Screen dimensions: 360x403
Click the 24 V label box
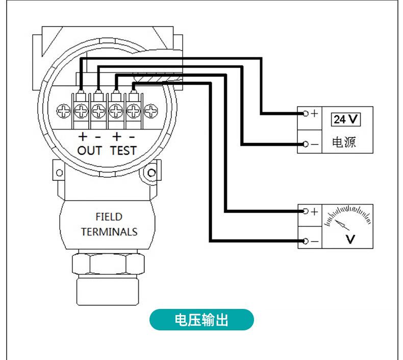(x=346, y=119)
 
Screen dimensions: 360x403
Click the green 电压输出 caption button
(x=202, y=321)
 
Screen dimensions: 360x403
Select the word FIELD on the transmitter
(x=109, y=217)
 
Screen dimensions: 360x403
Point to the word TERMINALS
(x=109, y=231)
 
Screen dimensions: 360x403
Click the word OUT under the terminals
(x=90, y=150)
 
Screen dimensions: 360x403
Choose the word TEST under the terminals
(x=123, y=150)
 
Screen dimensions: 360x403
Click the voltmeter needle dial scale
(x=348, y=217)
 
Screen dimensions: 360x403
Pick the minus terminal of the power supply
(x=306, y=145)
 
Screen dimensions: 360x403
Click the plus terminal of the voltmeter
(x=306, y=211)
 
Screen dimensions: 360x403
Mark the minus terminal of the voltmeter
(x=306, y=241)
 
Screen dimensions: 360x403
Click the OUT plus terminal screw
(x=81, y=109)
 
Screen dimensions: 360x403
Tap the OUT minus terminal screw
(x=98, y=109)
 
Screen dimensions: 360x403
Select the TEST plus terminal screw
(x=116, y=109)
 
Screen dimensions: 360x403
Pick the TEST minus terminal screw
(x=133, y=109)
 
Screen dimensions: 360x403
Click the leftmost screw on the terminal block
(x=64, y=109)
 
